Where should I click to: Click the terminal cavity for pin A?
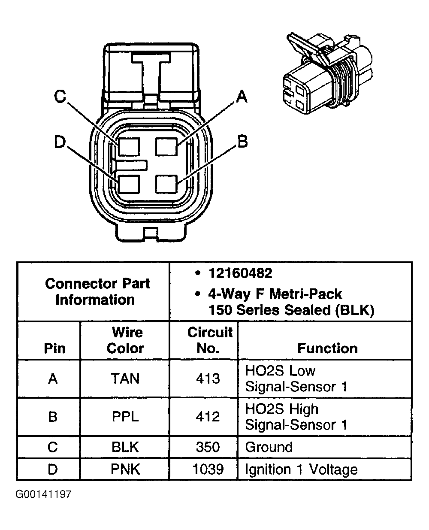[x=167, y=147]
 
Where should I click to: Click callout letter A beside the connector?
[x=242, y=97]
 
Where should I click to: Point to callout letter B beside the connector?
[x=242, y=141]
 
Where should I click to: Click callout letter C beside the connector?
[x=60, y=97]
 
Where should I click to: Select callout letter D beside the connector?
[x=60, y=142]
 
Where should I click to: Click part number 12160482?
[x=240, y=273]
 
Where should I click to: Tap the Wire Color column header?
[x=125, y=340]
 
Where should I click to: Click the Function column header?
[x=327, y=348]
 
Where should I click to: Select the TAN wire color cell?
[x=125, y=379]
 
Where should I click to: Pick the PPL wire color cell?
[x=125, y=417]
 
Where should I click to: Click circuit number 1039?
[x=208, y=469]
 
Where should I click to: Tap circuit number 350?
[x=208, y=447]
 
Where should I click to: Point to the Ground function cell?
[x=269, y=447]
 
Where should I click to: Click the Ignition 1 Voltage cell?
[x=301, y=469]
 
